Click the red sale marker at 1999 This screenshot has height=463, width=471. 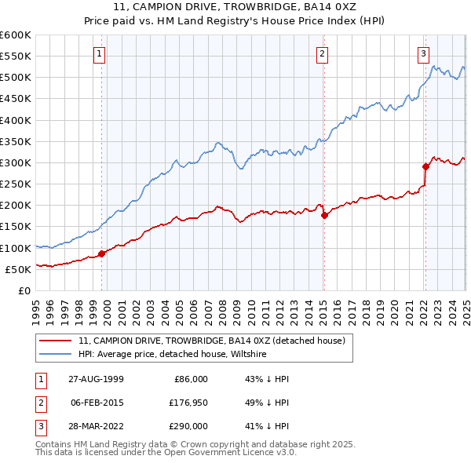[101, 253]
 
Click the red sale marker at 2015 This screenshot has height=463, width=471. [323, 215]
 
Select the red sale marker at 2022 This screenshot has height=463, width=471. [425, 166]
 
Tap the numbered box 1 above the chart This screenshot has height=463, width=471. [101, 53]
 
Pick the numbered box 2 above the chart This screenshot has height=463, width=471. [323, 53]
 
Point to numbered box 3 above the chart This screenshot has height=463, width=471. [423, 53]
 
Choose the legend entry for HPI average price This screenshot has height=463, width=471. [172, 355]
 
